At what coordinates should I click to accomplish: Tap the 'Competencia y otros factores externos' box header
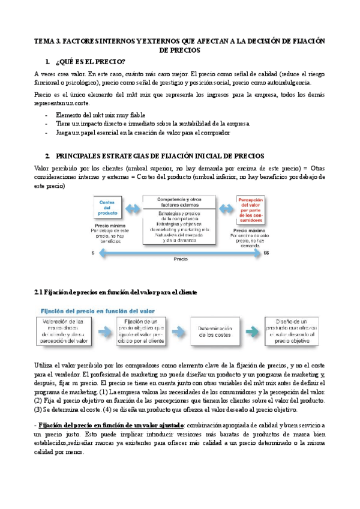point(179,202)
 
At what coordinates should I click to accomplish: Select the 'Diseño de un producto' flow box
point(295,331)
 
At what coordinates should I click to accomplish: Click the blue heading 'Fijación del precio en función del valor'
point(97,311)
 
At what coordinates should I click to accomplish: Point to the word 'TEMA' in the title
point(43,41)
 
